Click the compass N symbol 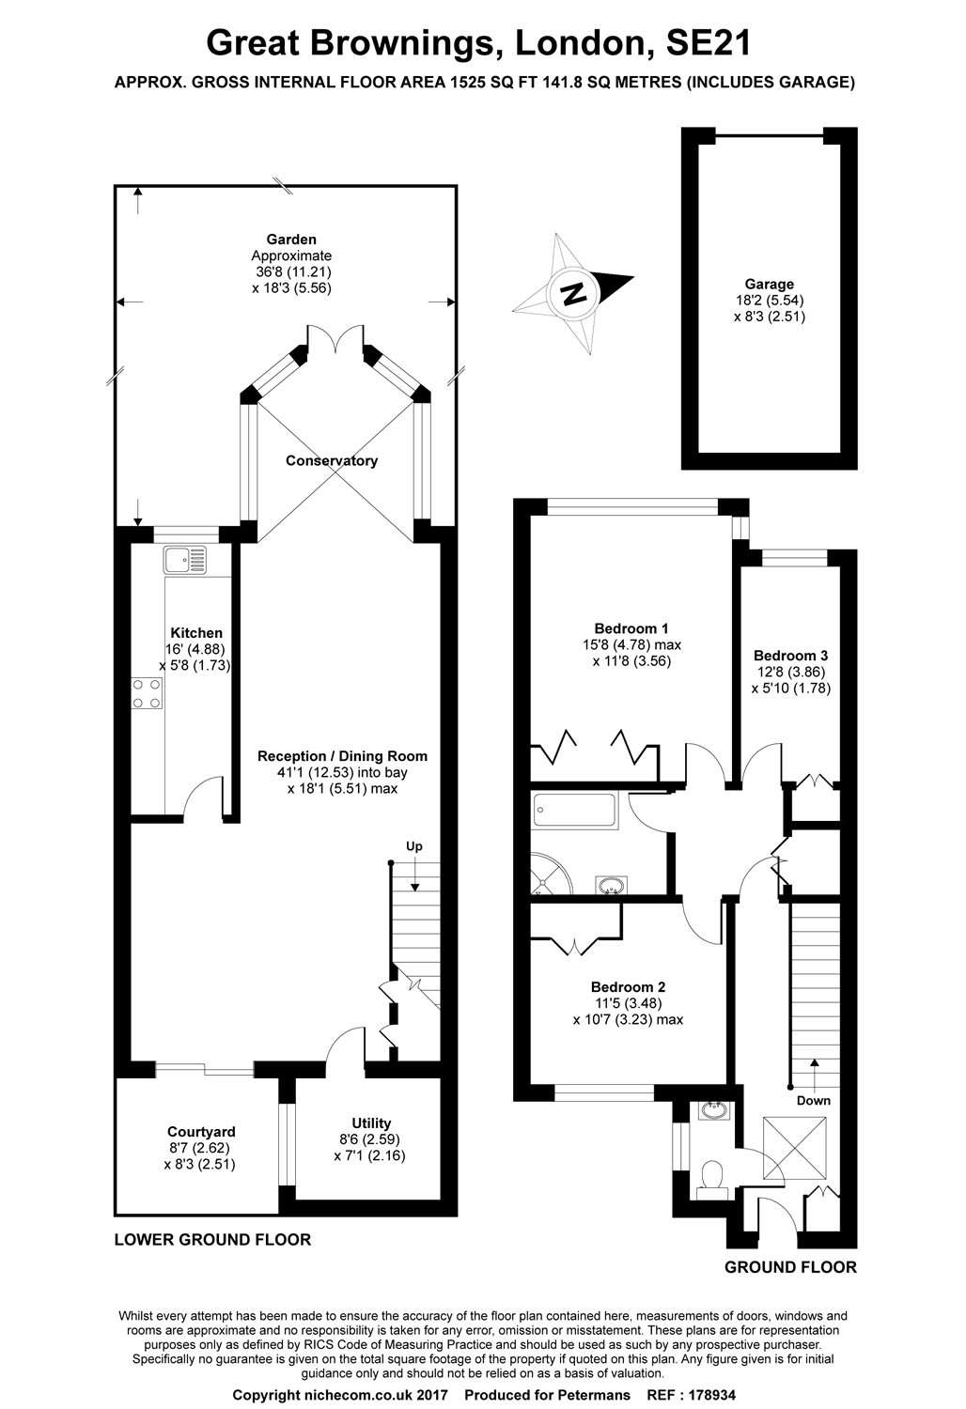point(572,293)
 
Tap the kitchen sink point(185,561)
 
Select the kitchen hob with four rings point(146,693)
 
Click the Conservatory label point(332,460)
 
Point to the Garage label point(769,284)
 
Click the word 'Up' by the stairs point(413,846)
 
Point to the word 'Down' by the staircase point(813,1100)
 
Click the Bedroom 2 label point(628,987)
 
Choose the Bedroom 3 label point(790,656)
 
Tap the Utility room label point(371,1123)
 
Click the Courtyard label point(201,1131)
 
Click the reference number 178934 point(707,1395)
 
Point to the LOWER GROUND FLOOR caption point(212,1239)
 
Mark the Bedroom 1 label point(631,628)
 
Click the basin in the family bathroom point(613,884)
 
